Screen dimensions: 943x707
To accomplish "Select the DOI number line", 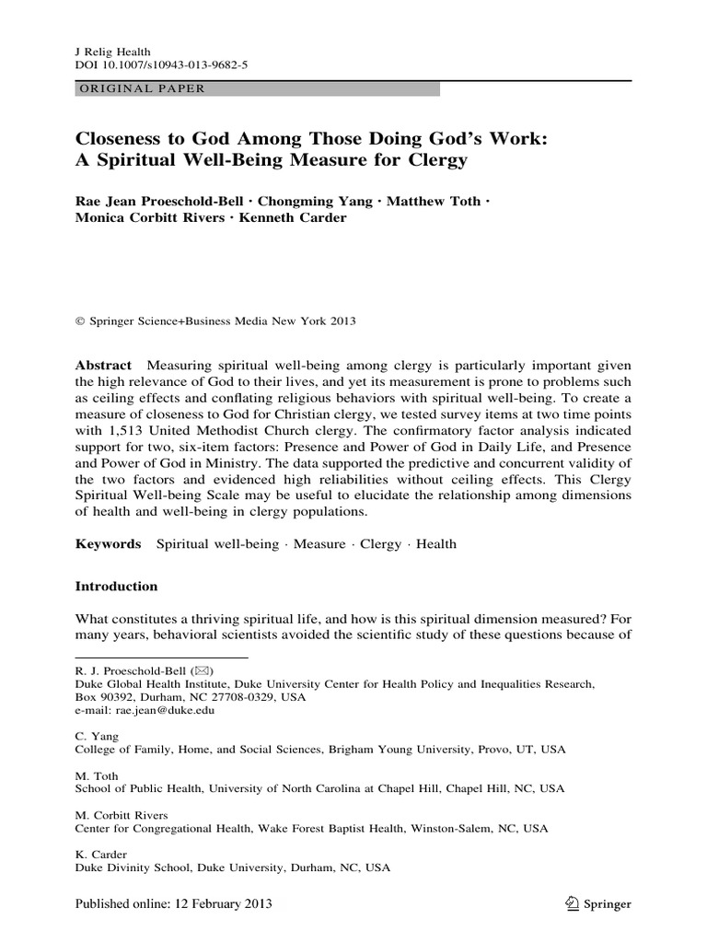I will point(158,65).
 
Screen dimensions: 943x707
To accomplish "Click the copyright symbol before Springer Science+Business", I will point(78,322).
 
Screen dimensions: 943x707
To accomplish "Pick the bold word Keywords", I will point(107,544).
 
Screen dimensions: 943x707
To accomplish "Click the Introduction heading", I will point(116,587).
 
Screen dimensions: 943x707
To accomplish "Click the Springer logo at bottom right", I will point(598,904).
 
